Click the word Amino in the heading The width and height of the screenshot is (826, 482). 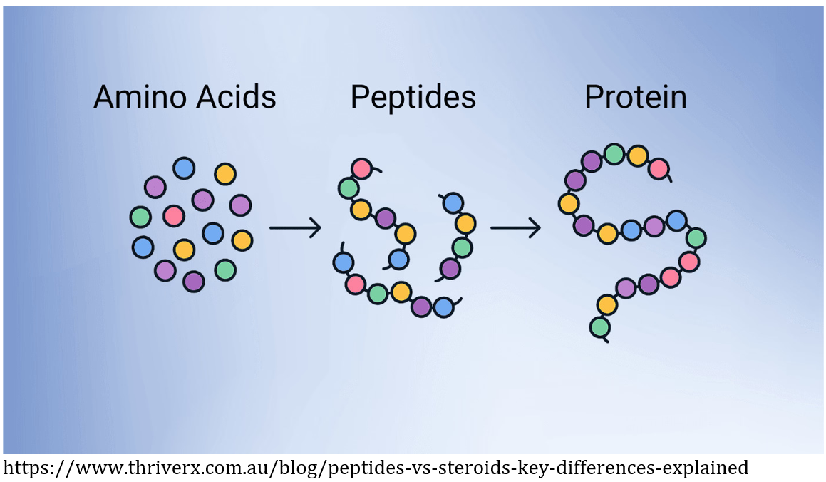tap(136, 97)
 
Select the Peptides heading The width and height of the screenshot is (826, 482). tap(413, 98)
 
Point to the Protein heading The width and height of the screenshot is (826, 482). tap(635, 98)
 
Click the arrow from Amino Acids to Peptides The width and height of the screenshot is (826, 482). tap(295, 228)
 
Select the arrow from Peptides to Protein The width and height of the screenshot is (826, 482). tap(515, 228)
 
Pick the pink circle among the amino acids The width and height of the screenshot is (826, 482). tap(174, 215)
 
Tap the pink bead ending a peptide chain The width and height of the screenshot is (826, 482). tap(362, 168)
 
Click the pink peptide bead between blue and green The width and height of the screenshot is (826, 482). tap(355, 284)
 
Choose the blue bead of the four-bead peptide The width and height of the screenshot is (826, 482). tap(453, 203)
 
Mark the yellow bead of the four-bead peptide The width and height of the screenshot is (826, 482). tap(465, 224)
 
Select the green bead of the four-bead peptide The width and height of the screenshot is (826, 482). tap(462, 247)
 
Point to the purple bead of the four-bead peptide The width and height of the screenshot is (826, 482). tap(450, 269)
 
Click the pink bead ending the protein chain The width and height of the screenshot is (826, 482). tap(659, 169)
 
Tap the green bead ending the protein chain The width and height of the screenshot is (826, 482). tap(600, 327)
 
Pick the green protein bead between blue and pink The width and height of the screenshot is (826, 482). tap(696, 237)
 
